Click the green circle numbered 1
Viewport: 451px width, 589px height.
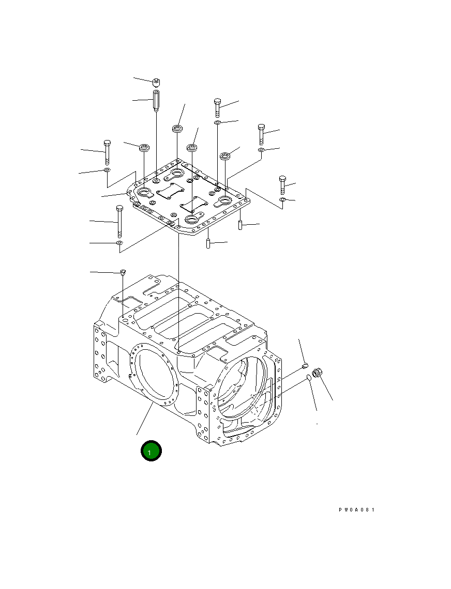coord(151,451)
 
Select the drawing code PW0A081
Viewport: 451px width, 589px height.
coord(356,510)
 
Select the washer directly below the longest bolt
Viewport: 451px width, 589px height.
coord(119,242)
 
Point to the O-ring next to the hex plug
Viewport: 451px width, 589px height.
coord(309,378)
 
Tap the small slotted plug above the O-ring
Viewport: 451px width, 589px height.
coord(306,367)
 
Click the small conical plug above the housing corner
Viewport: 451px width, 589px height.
coord(123,272)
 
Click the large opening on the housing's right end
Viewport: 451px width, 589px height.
coord(243,388)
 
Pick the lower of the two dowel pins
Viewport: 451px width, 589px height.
coord(208,243)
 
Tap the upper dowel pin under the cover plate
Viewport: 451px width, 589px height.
coord(240,225)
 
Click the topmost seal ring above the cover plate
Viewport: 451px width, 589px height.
coord(177,129)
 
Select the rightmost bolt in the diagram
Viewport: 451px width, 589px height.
coord(282,185)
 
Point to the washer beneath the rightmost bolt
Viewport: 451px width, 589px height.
coord(282,199)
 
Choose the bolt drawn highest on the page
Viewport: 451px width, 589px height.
coord(217,107)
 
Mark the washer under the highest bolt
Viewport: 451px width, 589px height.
coord(218,123)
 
